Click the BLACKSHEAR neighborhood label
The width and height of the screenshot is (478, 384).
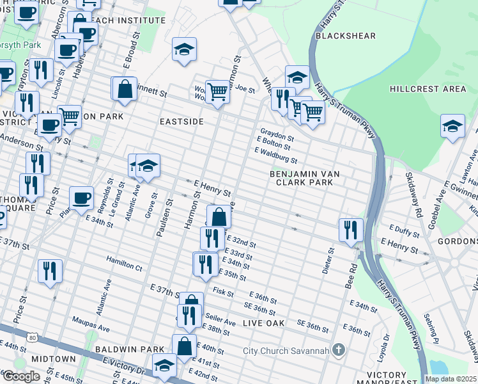coord(346,36)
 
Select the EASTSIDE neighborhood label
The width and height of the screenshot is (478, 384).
coord(181,122)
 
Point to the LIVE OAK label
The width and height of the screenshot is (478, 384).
coord(263,324)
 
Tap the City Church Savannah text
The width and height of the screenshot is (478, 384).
coord(286,351)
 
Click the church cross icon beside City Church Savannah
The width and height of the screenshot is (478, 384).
coord(339,350)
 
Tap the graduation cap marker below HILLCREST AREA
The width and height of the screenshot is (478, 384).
coord(452,126)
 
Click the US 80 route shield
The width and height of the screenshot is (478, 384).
coord(32,338)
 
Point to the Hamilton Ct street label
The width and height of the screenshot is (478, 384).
coord(124,264)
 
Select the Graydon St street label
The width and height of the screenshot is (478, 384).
coord(277,137)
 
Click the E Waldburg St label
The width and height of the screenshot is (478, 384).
coord(276,155)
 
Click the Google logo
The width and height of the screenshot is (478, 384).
coord(21,376)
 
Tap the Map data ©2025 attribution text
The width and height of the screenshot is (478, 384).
coord(451,379)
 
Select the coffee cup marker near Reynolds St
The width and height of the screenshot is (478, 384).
coord(81,198)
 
